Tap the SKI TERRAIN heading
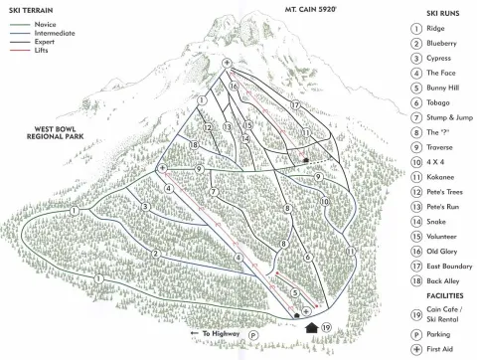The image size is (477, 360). click(34, 8)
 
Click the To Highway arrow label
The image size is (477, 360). click(218, 335)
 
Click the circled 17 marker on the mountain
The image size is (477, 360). click(295, 104)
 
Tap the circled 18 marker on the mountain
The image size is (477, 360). click(196, 145)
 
